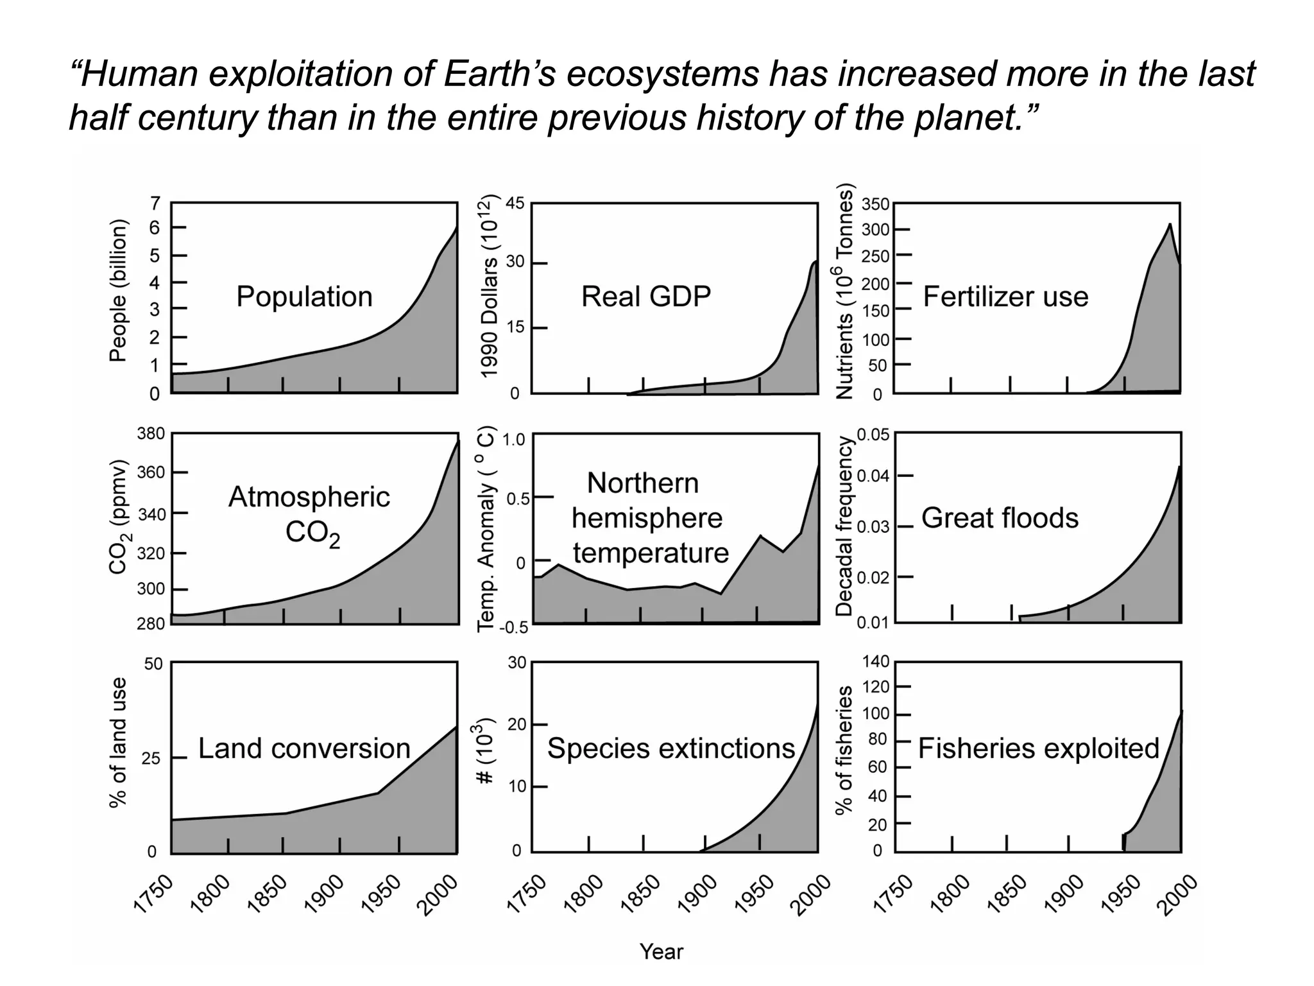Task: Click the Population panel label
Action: coord(304,297)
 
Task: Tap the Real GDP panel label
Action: coord(645,297)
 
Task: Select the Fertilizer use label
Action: coord(1005,297)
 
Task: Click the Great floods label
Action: coord(1000,518)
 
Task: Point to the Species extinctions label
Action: coord(670,748)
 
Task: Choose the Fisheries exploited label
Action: coord(1038,748)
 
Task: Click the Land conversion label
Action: coord(304,748)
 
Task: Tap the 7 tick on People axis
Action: coord(155,203)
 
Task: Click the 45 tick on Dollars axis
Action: coord(515,203)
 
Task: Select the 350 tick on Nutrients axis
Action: coord(875,205)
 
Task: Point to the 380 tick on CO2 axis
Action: coord(151,434)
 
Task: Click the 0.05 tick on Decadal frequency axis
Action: coord(873,435)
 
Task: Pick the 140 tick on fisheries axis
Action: coord(875,661)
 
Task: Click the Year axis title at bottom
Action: coord(661,951)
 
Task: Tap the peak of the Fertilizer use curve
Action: coord(1170,224)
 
